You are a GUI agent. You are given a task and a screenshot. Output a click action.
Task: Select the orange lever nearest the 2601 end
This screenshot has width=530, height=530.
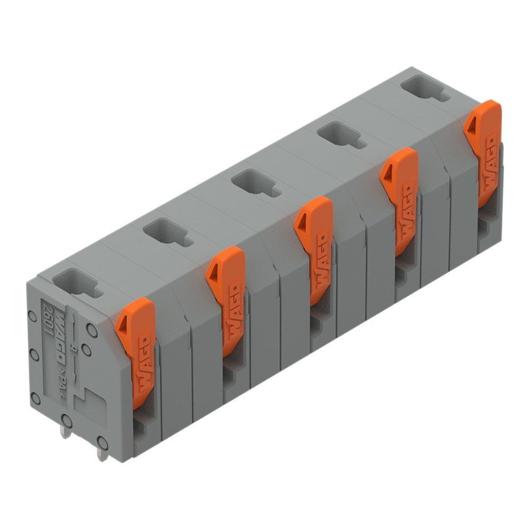tap(136, 350)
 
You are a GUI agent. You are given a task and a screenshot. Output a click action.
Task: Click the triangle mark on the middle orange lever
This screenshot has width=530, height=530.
tap(303, 223)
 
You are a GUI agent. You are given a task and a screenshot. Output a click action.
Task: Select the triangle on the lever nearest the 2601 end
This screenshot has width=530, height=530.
tap(123, 324)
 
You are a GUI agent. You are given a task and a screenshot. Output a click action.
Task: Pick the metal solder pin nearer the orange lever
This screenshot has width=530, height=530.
tap(102, 452)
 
